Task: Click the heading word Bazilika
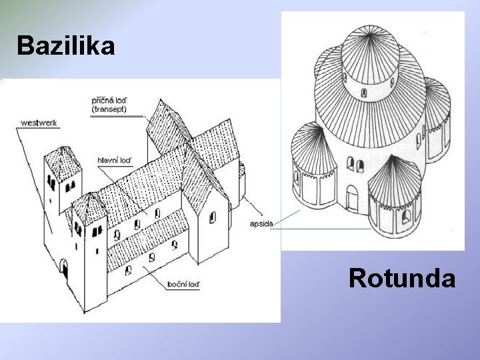tap(65, 46)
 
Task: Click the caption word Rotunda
tap(402, 278)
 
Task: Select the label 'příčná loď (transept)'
tap(110, 105)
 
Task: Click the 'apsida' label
tap(261, 224)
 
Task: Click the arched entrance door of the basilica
tap(64, 269)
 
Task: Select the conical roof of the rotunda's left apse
tap(309, 148)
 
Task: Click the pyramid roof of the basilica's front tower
tap(88, 208)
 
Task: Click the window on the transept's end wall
tap(213, 217)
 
